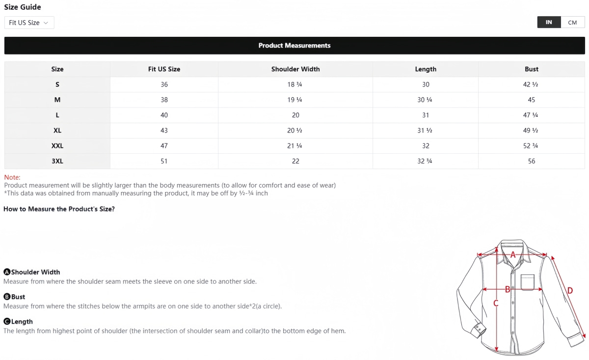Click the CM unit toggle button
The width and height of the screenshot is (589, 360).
pos(572,23)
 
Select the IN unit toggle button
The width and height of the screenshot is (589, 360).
pos(549,23)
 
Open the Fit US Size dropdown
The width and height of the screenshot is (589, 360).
pos(29,23)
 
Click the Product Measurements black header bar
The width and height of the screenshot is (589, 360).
pos(294,46)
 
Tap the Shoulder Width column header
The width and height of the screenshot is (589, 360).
pos(295,69)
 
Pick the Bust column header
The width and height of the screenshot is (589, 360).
pos(531,69)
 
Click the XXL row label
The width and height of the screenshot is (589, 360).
pos(57,146)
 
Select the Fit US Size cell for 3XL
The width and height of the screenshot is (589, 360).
pos(164,161)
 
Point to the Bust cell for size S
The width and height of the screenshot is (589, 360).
pos(531,84)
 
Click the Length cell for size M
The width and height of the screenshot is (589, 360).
pos(425,100)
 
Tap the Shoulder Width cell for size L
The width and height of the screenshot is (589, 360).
pos(295,115)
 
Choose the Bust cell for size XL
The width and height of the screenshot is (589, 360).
pos(531,131)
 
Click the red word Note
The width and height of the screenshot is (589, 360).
pos(12,177)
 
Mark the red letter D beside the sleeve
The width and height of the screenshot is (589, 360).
pos(570,291)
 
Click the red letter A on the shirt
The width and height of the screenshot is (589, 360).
pos(513,255)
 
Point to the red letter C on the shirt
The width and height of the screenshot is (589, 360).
pos(496,304)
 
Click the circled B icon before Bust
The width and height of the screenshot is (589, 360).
pos(7,297)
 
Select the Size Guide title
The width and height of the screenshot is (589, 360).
pos(23,7)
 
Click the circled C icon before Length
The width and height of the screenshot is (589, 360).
pos(7,322)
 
